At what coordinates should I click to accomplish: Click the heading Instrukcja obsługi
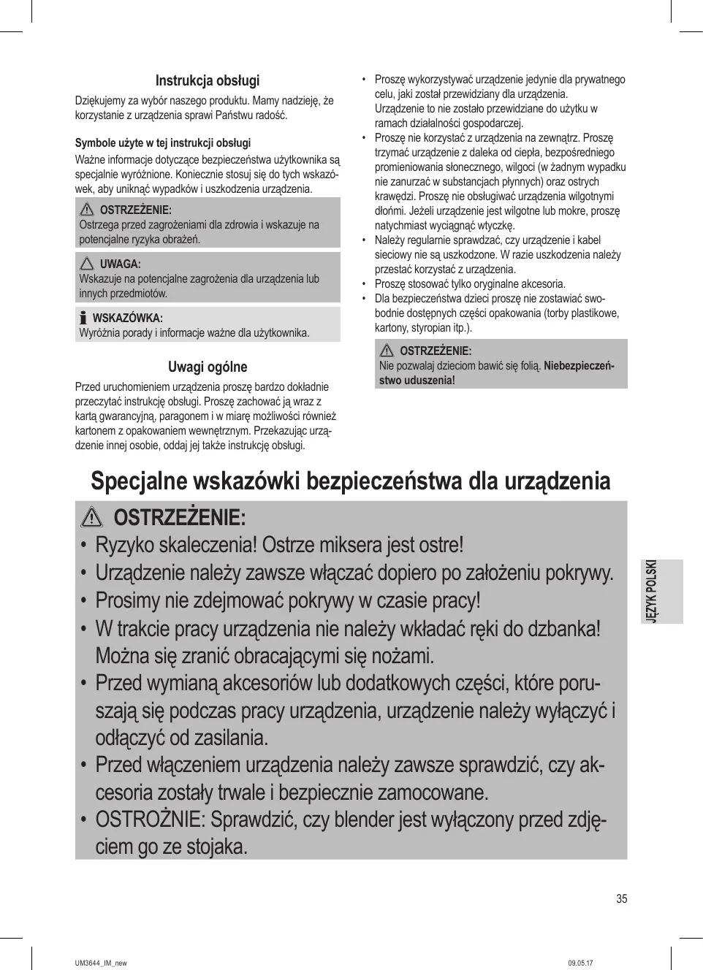[x=208, y=81]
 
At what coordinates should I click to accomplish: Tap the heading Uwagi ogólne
[x=208, y=367]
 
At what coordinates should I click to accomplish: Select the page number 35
[x=621, y=899]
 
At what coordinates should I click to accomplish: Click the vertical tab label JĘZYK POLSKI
[x=652, y=592]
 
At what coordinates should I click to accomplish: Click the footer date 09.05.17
[x=580, y=963]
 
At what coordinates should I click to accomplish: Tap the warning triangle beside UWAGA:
[x=88, y=264]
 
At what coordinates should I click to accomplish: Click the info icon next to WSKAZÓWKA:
[x=83, y=318]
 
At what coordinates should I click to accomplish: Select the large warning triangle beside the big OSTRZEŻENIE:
[x=92, y=518]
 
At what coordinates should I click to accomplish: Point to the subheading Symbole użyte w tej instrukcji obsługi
[x=163, y=143]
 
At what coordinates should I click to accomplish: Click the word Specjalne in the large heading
[x=137, y=482]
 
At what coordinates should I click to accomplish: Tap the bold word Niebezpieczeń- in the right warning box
[x=579, y=365]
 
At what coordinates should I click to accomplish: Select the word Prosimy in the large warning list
[x=127, y=600]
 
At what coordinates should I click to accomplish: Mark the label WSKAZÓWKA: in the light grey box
[x=127, y=318]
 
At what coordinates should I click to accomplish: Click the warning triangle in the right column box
[x=387, y=351]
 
